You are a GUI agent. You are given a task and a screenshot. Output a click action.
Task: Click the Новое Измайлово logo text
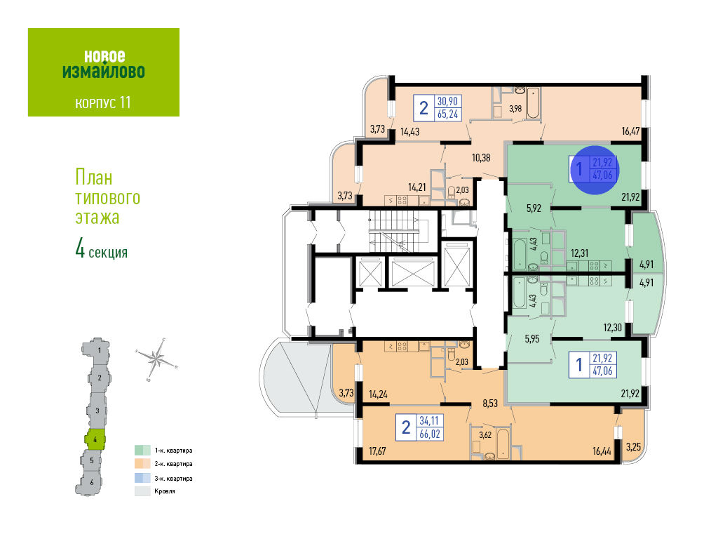click(x=103, y=63)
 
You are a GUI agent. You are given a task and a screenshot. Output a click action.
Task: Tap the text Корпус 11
click(x=103, y=102)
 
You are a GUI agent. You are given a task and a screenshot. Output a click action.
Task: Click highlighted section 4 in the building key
click(x=95, y=440)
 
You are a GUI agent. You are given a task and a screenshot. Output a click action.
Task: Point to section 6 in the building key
click(x=92, y=482)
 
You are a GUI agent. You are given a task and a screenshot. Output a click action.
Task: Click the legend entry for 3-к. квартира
click(x=163, y=478)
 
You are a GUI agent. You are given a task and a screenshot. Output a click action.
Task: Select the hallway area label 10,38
click(x=481, y=157)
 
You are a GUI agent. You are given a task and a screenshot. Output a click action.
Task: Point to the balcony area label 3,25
click(x=633, y=446)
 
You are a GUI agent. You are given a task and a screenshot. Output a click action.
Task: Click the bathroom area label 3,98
click(x=515, y=108)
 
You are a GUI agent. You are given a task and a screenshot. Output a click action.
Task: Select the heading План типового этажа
click(x=107, y=197)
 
